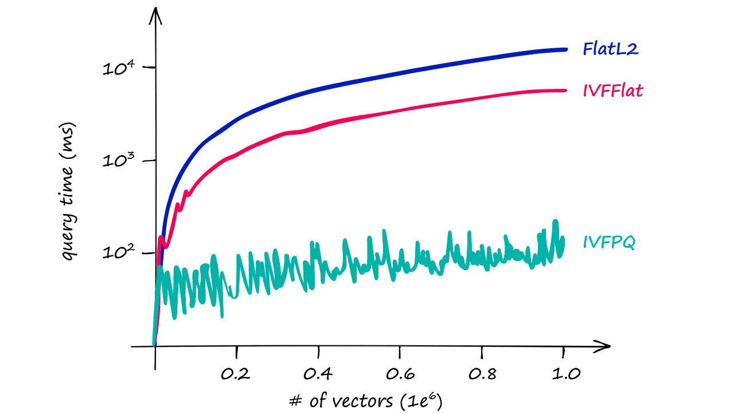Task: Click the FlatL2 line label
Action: point(611,49)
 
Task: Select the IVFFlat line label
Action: point(613,91)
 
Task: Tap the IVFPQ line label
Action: point(609,243)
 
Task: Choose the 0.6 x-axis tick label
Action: point(400,374)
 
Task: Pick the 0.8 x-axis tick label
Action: point(482,374)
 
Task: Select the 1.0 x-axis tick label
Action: point(564,374)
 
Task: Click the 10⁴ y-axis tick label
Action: point(119,69)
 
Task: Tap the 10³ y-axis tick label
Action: point(119,161)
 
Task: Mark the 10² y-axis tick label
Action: point(119,254)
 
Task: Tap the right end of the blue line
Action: point(565,50)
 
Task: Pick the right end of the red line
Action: point(565,90)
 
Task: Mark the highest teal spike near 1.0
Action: point(555,221)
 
